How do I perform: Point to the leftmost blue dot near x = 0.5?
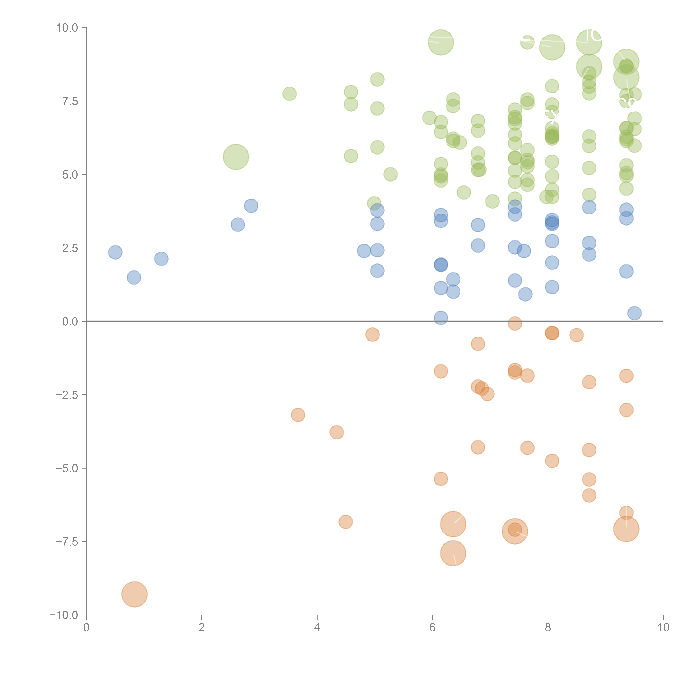[x=115, y=252]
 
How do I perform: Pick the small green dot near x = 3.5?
[x=289, y=94]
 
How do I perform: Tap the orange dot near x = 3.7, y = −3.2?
[x=298, y=415]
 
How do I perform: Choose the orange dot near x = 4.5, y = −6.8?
[x=345, y=522]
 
